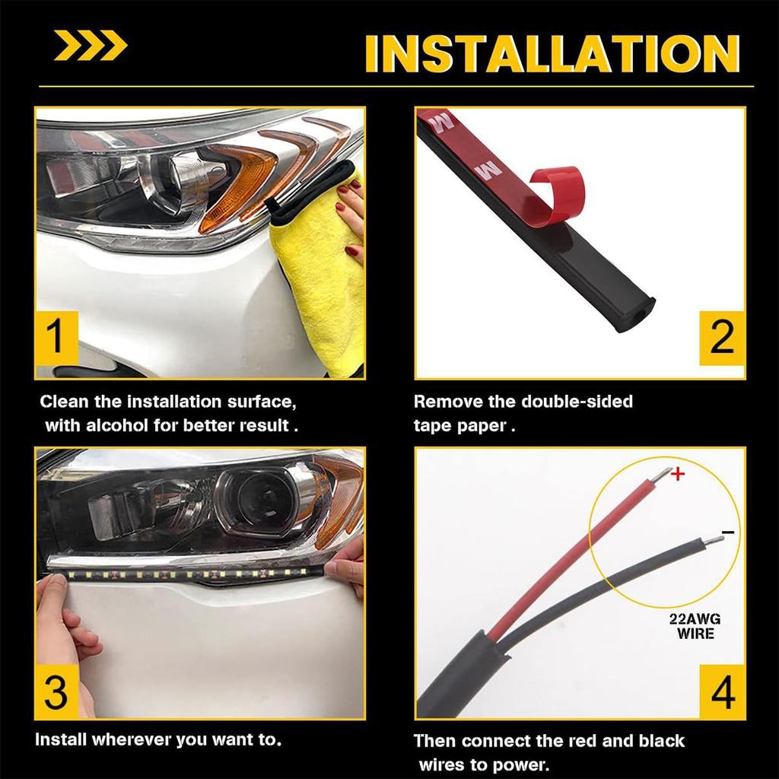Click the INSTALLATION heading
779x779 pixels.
coord(553,53)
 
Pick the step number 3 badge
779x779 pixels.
coord(56,692)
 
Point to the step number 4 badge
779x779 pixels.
coord(721,692)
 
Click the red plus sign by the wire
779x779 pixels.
coord(679,475)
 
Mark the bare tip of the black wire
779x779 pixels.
coord(711,541)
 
